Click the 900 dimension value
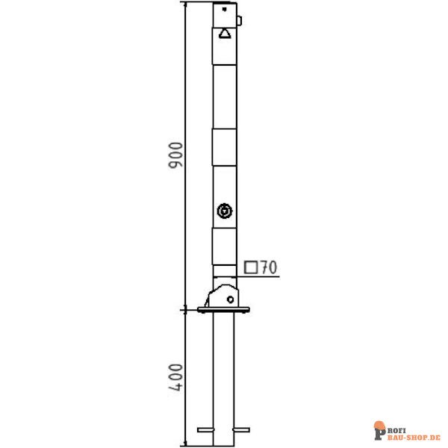175,155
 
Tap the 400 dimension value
175,377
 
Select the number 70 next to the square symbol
269,267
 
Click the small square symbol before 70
251,268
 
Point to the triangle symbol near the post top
225,34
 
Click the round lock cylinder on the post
225,211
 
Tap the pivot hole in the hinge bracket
230,299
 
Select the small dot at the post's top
224,10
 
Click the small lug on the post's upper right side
240,21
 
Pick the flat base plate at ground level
223,310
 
